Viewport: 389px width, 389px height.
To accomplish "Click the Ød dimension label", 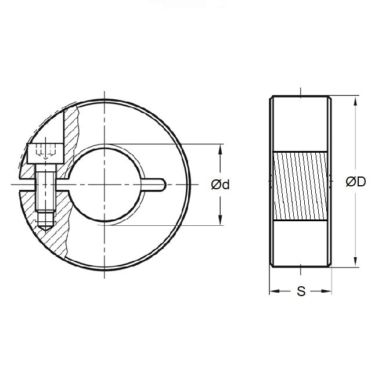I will point(220,185).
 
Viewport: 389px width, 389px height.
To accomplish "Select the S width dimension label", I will point(301,292).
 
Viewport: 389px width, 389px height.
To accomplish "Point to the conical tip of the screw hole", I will point(46,227).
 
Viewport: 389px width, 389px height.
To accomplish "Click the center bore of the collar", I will point(106,185).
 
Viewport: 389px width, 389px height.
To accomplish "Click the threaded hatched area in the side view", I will point(300,186).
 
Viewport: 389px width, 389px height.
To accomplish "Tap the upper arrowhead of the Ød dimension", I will point(219,149).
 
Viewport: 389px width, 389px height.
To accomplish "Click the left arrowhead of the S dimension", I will point(273,291).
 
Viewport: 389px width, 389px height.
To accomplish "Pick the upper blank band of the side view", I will point(300,125).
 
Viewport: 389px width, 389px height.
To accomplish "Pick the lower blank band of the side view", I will point(300,244).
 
